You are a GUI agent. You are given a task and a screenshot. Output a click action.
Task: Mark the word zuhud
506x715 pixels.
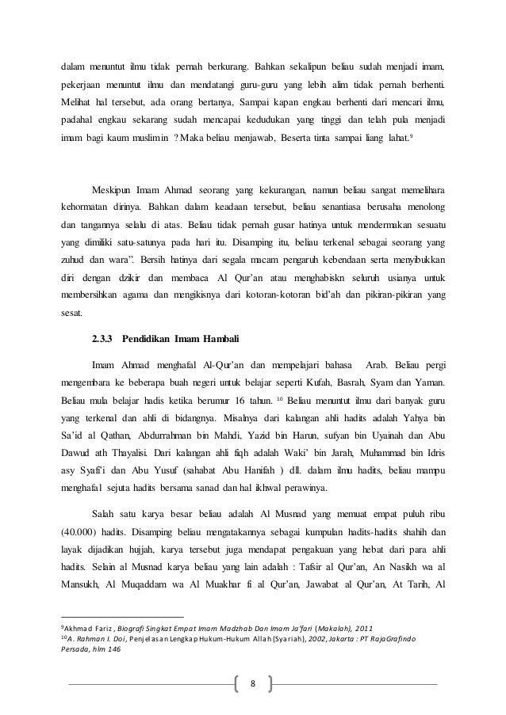coord(75,259)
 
